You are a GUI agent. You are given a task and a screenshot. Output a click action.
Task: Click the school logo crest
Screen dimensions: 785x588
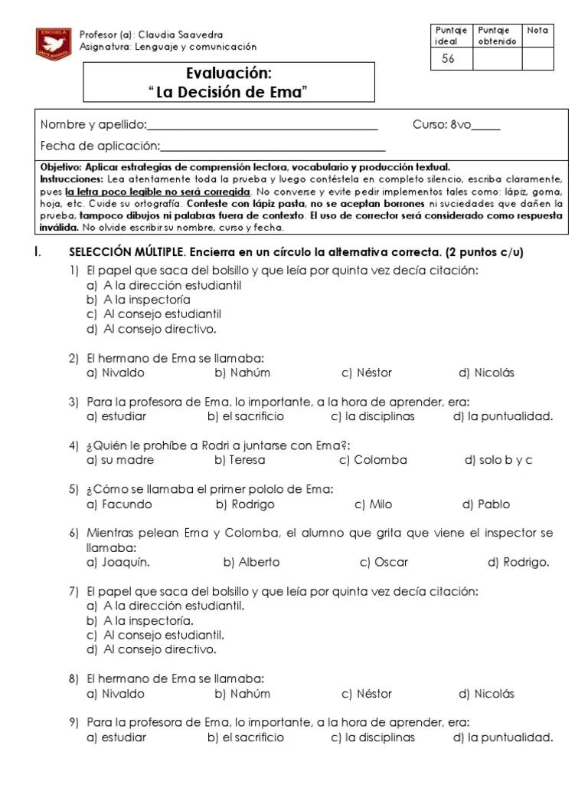tap(53, 44)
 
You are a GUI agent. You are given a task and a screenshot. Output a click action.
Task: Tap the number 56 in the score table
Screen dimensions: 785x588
tap(448, 59)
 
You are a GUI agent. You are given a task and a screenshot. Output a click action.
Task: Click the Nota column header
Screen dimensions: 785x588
tap(537, 31)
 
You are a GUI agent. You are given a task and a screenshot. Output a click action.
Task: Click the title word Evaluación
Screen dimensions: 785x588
tap(229, 74)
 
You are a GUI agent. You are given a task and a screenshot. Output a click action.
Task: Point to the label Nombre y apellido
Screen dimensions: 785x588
tap(93, 125)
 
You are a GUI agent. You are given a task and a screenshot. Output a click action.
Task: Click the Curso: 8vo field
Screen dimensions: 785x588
tap(456, 125)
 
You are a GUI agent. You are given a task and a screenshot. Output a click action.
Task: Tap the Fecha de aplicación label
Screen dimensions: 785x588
tap(100, 146)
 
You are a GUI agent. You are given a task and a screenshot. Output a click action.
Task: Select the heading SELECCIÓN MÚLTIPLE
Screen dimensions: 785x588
tap(127, 252)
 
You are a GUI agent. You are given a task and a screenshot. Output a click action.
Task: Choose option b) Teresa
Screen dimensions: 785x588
tap(240, 460)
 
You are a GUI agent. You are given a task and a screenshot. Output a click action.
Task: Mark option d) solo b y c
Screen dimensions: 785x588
tap(498, 460)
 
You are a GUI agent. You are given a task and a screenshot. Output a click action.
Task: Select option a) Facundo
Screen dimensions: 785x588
tap(119, 504)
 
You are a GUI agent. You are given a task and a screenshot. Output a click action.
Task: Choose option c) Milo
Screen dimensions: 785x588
tap(373, 504)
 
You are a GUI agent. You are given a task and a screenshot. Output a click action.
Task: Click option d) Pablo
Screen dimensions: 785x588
tap(485, 504)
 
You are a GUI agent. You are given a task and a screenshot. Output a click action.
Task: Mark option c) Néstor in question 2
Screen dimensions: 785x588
tap(367, 373)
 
